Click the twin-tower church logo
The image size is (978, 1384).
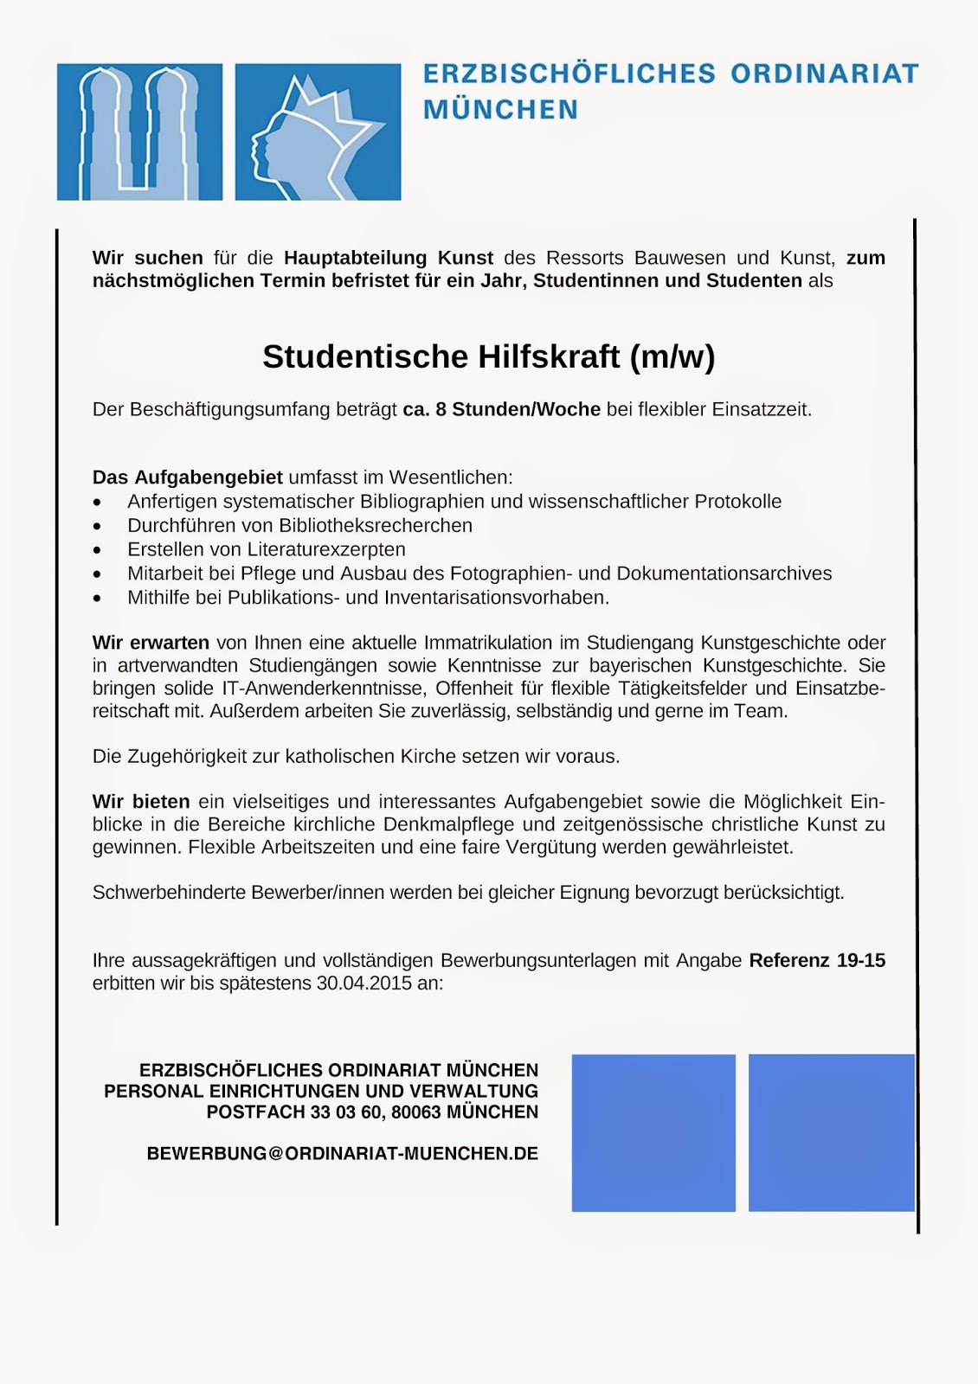(139, 131)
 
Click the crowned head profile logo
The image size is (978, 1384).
(318, 131)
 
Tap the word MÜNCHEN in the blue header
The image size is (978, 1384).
(500, 110)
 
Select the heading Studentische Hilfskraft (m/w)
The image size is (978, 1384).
(489, 356)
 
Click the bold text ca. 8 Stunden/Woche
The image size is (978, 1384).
(502, 409)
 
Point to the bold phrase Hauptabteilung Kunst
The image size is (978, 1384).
(389, 258)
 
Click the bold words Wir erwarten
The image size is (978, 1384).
(151, 643)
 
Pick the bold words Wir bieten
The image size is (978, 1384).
(141, 802)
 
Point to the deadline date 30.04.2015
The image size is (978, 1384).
(364, 984)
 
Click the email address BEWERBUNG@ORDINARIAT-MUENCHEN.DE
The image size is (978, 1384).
(343, 1154)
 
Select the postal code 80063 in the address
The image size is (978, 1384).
(416, 1112)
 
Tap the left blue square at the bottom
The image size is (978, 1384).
(653, 1132)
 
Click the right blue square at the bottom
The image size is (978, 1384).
(831, 1132)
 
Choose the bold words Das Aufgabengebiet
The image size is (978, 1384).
(188, 477)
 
